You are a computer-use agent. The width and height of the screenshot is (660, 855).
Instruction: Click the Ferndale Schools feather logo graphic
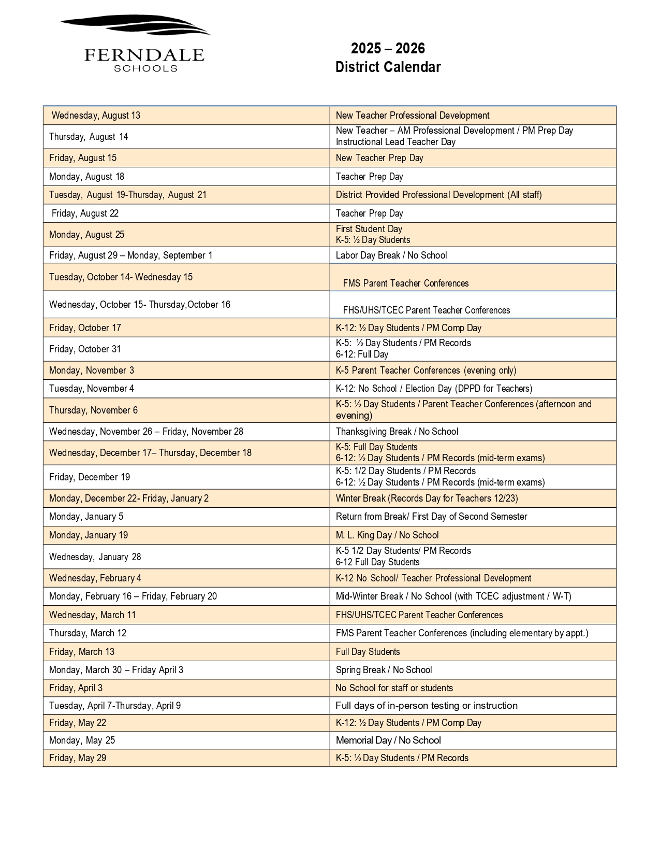click(x=136, y=25)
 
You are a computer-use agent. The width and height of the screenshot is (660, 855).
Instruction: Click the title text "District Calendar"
click(x=388, y=67)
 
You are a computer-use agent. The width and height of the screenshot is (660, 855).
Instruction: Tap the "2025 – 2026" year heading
click(x=388, y=49)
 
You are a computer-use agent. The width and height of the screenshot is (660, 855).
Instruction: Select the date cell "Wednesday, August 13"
click(x=96, y=116)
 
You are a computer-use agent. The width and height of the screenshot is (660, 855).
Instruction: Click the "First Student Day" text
click(x=369, y=229)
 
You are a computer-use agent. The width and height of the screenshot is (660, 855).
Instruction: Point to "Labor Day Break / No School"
click(x=391, y=255)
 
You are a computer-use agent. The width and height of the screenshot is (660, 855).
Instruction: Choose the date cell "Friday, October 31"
click(x=85, y=349)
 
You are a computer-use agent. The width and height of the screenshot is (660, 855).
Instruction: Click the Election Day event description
click(x=434, y=389)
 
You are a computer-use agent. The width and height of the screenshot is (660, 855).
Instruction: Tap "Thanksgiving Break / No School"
click(x=397, y=432)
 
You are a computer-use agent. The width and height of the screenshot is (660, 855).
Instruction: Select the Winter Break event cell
click(x=427, y=498)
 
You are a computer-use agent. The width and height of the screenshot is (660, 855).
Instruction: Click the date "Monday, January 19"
click(x=89, y=535)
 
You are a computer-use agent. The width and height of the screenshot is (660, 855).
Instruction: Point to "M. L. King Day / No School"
click(x=387, y=535)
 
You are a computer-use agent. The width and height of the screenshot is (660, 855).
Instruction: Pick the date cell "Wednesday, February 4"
click(x=95, y=578)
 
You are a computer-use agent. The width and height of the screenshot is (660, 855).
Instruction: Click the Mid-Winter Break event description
click(x=453, y=596)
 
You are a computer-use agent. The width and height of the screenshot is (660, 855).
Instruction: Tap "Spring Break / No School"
click(x=384, y=670)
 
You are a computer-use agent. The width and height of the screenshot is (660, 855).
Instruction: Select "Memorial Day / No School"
click(x=388, y=740)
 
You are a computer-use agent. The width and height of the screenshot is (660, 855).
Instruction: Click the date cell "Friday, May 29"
click(x=78, y=758)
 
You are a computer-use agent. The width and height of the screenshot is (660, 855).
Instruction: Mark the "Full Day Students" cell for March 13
click(x=368, y=652)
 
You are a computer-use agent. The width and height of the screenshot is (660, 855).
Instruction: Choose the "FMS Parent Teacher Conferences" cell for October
click(x=405, y=283)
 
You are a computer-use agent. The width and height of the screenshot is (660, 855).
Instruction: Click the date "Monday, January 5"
click(x=86, y=517)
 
